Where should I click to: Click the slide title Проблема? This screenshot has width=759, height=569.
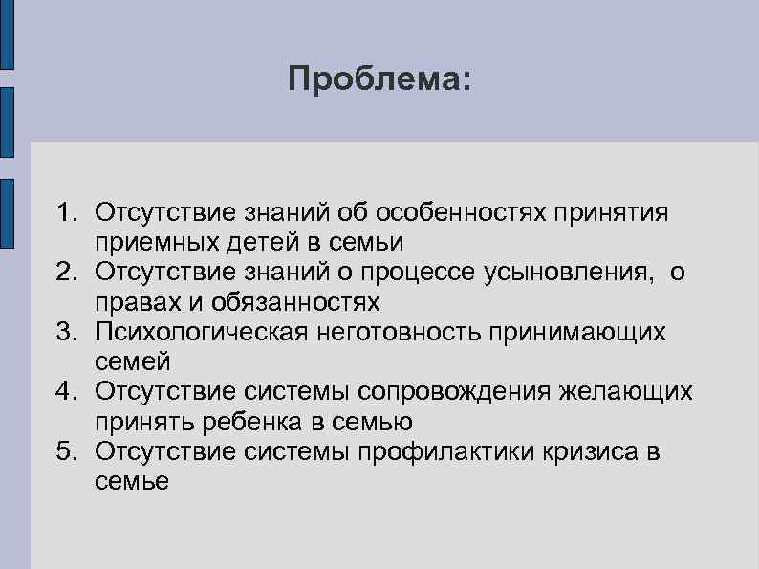coord(379,77)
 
